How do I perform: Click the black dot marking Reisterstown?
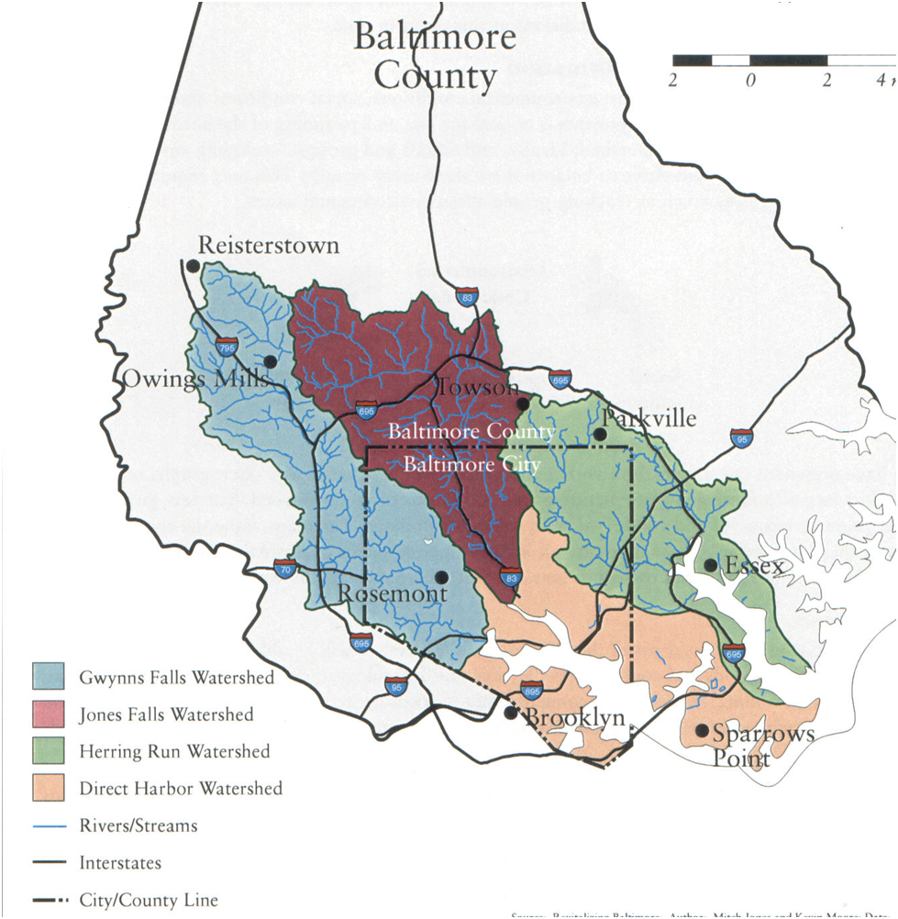click(x=193, y=266)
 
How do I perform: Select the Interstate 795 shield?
click(x=227, y=348)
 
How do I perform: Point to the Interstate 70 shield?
click(x=284, y=569)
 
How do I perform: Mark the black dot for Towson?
click(x=522, y=404)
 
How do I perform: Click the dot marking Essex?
click(x=710, y=565)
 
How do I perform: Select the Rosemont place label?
click(x=393, y=593)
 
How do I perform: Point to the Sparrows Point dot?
click(x=702, y=731)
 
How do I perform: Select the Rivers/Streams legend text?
click(x=138, y=825)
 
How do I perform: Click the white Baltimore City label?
click(x=472, y=465)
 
